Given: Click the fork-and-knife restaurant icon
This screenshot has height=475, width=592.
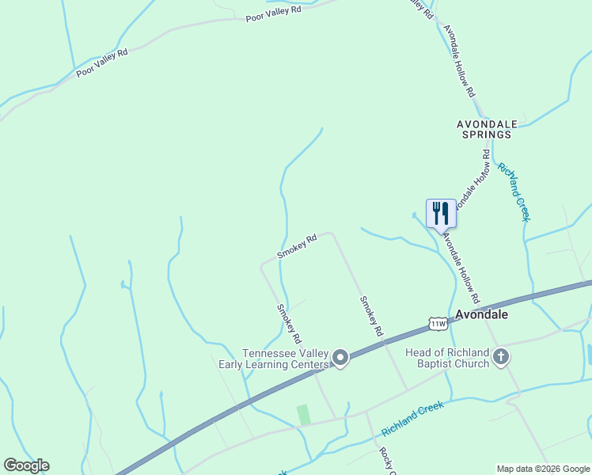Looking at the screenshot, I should pyautogui.click(x=441, y=214).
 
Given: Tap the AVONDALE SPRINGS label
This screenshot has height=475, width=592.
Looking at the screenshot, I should pyautogui.click(x=487, y=129).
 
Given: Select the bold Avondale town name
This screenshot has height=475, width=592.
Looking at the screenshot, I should pyautogui.click(x=481, y=314).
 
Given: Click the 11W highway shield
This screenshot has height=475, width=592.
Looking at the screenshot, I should pyautogui.click(x=438, y=323).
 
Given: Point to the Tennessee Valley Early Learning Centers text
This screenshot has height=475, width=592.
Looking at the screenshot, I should pyautogui.click(x=285, y=359).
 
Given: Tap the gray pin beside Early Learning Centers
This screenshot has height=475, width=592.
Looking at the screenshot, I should pyautogui.click(x=340, y=359).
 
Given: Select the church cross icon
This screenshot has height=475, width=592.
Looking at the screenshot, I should pyautogui.click(x=500, y=358).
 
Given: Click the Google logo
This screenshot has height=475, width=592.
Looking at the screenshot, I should pyautogui.click(x=26, y=465).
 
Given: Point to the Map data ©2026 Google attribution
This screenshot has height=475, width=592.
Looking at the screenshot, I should pyautogui.click(x=543, y=469).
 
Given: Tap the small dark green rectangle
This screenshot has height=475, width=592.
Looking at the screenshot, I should pyautogui.click(x=302, y=414).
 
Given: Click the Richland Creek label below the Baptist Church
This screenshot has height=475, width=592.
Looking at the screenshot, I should pyautogui.click(x=412, y=418).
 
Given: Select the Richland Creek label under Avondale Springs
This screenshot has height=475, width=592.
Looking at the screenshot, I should pyautogui.click(x=513, y=192).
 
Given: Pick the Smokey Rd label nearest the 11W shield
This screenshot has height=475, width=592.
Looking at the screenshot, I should pyautogui.click(x=371, y=316).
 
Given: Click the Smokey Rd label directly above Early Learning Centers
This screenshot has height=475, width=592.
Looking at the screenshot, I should pyautogui.click(x=289, y=323).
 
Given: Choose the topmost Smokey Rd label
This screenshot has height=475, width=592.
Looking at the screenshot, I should pyautogui.click(x=297, y=245).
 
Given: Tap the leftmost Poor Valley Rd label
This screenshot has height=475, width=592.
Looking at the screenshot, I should pyautogui.click(x=101, y=63).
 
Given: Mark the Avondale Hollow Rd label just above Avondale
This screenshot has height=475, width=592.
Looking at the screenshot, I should pyautogui.click(x=461, y=268).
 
